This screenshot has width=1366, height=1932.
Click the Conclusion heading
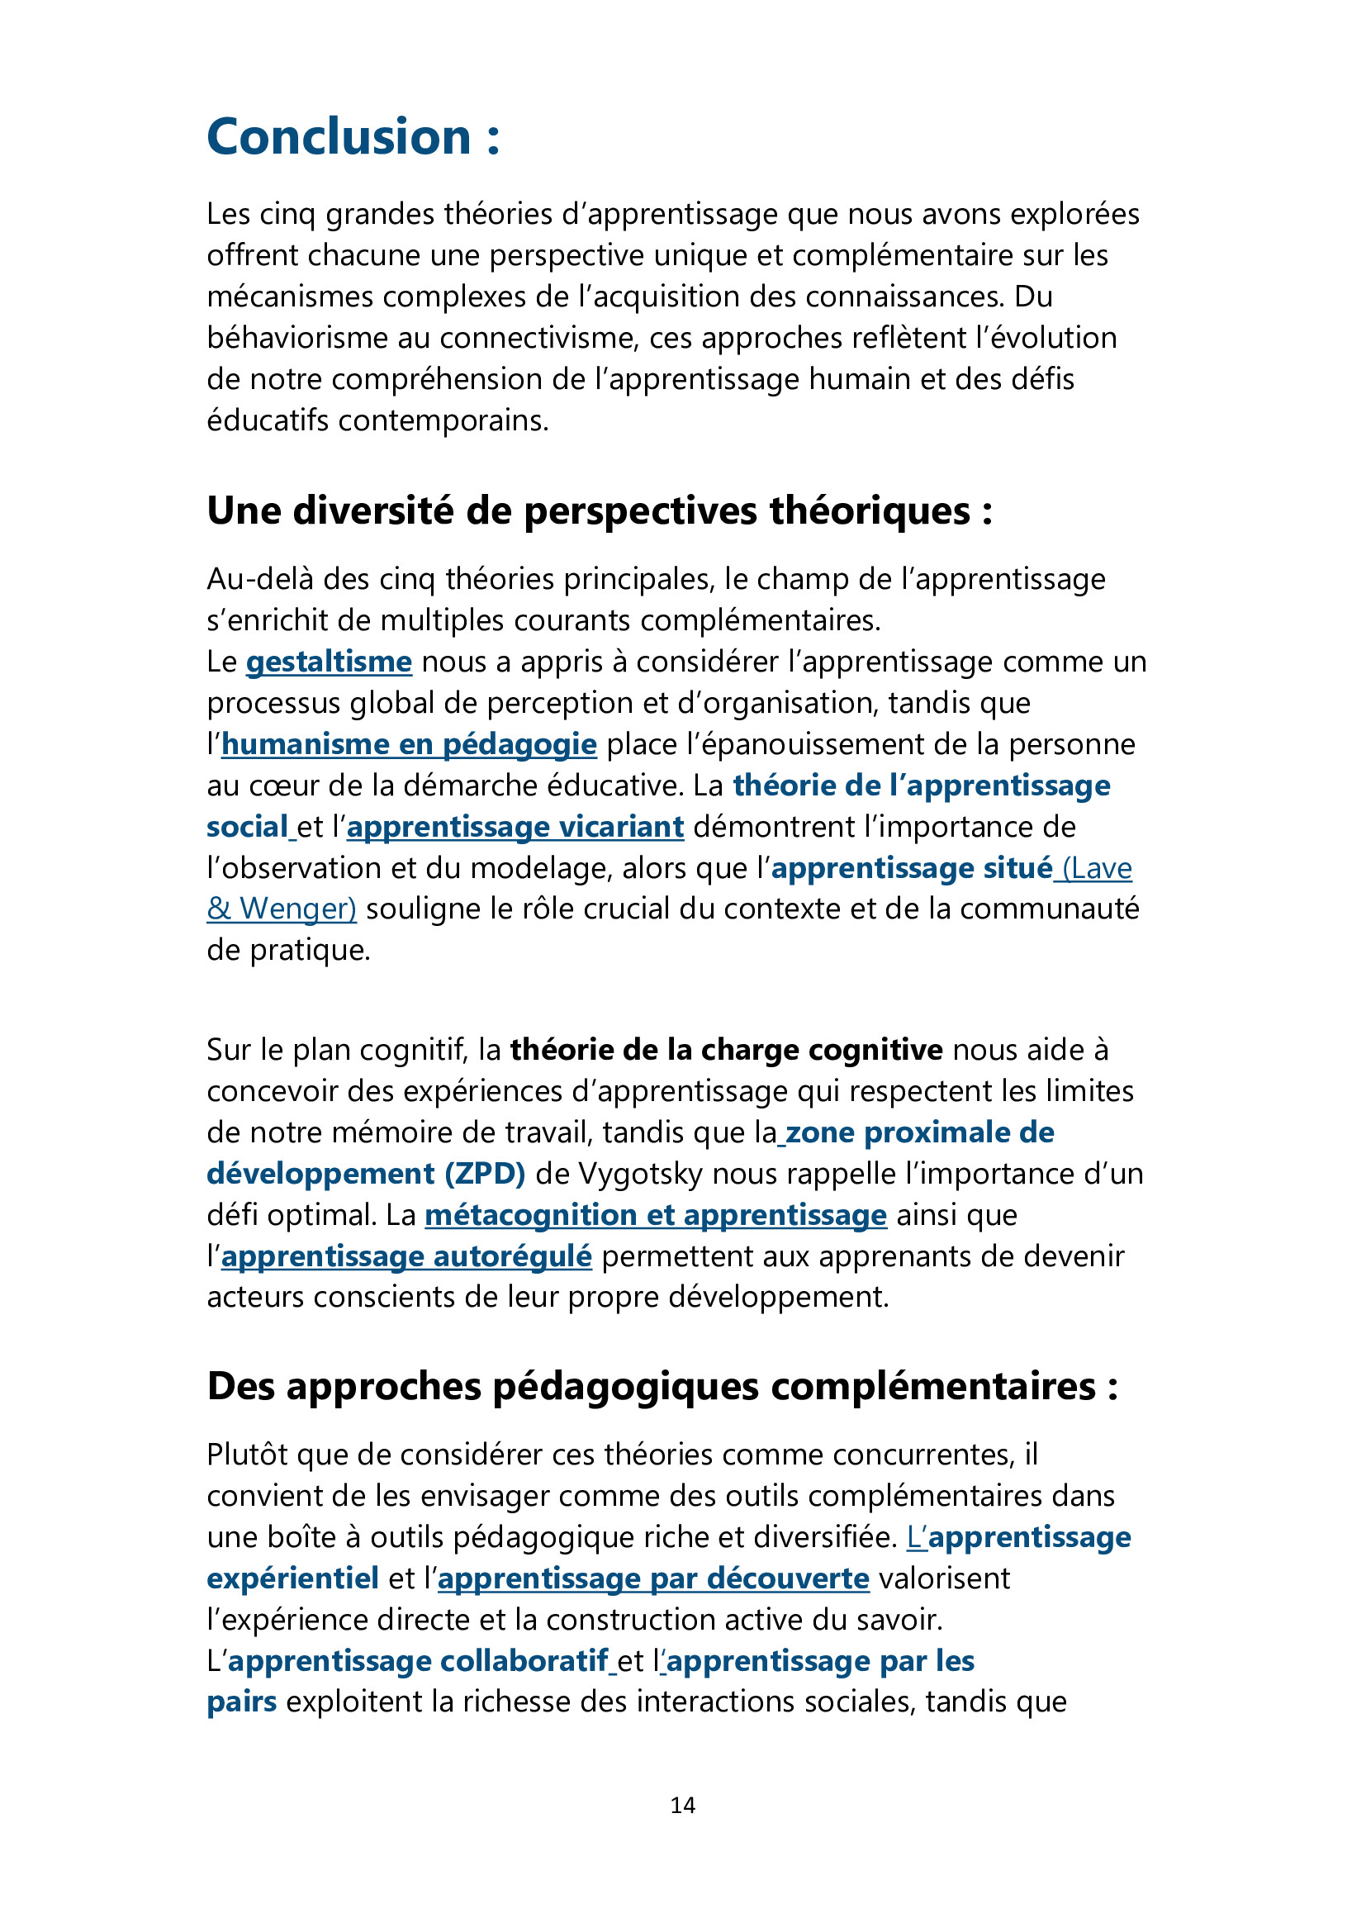(x=353, y=137)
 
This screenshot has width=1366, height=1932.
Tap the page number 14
(x=682, y=1804)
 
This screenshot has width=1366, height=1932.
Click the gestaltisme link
(x=329, y=662)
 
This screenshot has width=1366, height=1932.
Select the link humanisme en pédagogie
(x=409, y=745)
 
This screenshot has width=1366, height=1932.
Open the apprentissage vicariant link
(x=515, y=827)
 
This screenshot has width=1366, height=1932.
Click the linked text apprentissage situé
(x=911, y=868)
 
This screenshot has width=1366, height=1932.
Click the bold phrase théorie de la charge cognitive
(x=726, y=1050)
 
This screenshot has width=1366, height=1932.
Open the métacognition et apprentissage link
(x=655, y=1215)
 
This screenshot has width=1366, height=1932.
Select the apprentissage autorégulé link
(x=406, y=1256)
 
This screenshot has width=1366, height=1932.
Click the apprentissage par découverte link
(x=652, y=1578)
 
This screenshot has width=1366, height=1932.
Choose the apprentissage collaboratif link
(x=418, y=1661)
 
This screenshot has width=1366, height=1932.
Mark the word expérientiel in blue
(x=292, y=1578)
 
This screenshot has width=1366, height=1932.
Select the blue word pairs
(x=241, y=1702)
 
